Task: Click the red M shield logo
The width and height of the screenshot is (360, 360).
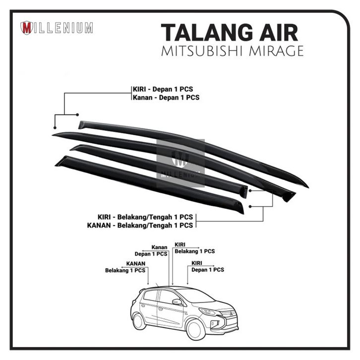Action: click(27, 28)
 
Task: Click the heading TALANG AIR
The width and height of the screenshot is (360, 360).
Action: click(230, 33)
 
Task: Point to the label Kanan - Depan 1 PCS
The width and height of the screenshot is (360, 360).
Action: click(166, 98)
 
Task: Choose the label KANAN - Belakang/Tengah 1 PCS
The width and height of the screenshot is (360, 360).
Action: click(139, 226)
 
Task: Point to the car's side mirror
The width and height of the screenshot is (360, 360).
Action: click(177, 301)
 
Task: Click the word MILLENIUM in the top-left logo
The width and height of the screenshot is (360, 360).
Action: click(63, 28)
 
